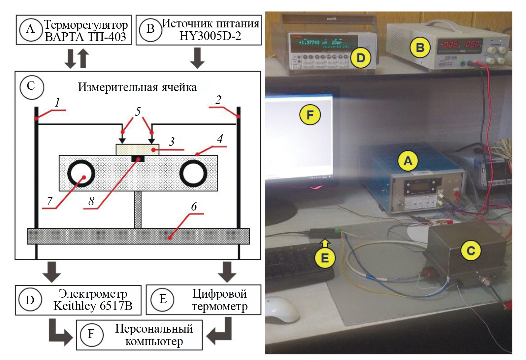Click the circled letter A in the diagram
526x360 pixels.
click(30, 29)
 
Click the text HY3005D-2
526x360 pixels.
click(210, 36)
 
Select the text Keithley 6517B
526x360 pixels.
click(93, 306)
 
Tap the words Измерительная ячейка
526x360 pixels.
click(137, 87)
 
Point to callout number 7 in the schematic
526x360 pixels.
click(50, 201)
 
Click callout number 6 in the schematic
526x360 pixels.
click(194, 207)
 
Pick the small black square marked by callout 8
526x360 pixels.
click(138, 159)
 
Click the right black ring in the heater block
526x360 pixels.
click(193, 173)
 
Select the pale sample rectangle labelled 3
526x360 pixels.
click(137, 149)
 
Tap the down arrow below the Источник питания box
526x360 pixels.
click(197, 57)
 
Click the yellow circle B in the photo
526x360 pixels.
click(420, 48)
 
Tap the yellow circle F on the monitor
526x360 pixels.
click(310, 115)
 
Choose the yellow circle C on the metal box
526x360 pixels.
click(471, 251)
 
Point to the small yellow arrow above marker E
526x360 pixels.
click(325, 244)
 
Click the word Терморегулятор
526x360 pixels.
click(86, 24)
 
